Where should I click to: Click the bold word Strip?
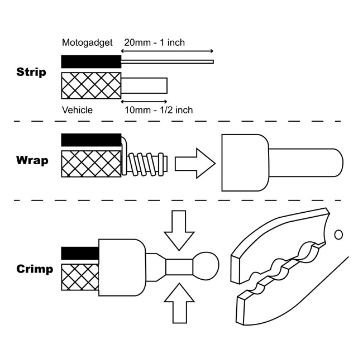tap(32, 73)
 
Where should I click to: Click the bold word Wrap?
tap(32, 161)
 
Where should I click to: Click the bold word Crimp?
tap(35, 269)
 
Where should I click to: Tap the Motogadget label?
tap(87, 43)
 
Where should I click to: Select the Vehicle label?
tap(78, 110)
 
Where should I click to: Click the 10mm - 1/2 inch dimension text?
tap(159, 110)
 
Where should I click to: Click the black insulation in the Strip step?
tap(91, 61)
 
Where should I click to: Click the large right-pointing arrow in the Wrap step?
tap(195, 164)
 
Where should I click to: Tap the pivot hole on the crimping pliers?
tap(337, 233)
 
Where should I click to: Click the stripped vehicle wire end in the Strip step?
tap(144, 85)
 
